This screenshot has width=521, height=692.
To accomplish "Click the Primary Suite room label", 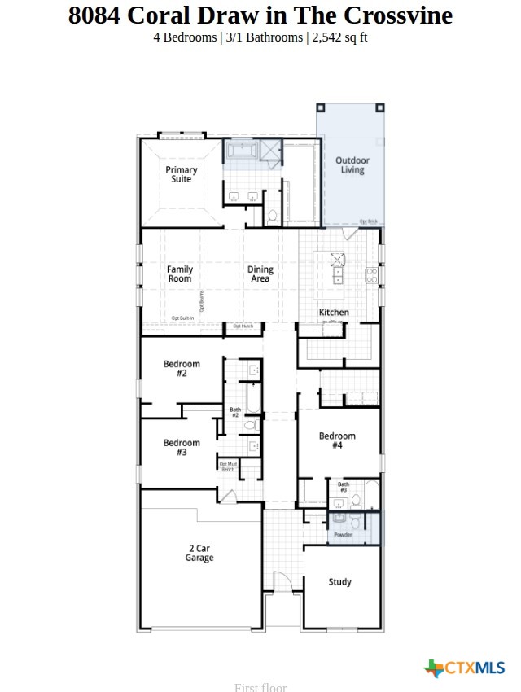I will [x=182, y=174].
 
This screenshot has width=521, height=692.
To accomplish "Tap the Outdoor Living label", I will [x=352, y=165].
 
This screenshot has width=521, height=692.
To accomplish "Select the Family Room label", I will [x=180, y=274].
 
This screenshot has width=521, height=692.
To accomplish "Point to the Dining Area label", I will [x=260, y=274].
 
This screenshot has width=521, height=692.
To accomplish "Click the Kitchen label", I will [x=334, y=312].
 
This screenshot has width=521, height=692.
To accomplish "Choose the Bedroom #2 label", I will [x=181, y=369].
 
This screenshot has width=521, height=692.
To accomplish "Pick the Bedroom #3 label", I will [x=181, y=448].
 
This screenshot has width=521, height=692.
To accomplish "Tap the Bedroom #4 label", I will [x=337, y=440].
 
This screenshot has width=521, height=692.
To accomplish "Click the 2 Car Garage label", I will [x=199, y=554].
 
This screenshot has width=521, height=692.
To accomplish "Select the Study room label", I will [x=340, y=581].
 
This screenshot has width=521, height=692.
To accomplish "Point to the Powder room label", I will [x=343, y=535].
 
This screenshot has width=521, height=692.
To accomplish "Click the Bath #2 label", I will [x=235, y=413].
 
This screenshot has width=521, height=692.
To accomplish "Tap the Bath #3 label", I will [x=344, y=488].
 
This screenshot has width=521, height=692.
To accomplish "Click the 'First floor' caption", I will [x=260, y=687].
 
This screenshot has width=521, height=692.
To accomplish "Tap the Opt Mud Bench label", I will [x=228, y=466].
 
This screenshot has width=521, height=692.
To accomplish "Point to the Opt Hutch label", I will [x=243, y=326].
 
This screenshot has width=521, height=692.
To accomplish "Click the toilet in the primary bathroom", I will [x=272, y=216].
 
